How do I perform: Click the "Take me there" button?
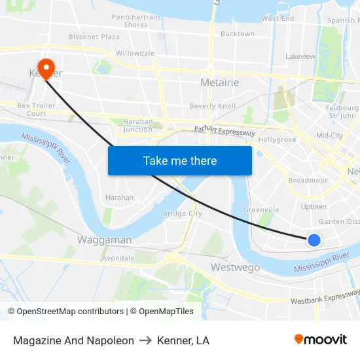point(180,160)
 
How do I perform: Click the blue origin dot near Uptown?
point(314,240)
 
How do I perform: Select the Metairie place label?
point(219,82)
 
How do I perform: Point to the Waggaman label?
point(104,240)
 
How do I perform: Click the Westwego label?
point(235,267)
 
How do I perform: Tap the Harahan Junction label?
point(137,125)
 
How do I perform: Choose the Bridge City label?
point(182,213)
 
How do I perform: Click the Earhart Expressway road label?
point(225,132)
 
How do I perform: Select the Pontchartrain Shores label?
point(135,21)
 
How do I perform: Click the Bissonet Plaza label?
point(94,37)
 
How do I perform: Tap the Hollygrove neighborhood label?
point(278,139)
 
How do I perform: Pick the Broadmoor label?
point(308,180)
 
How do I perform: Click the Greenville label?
point(261,209)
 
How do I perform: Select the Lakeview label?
point(300,56)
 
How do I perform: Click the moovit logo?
point(320,340)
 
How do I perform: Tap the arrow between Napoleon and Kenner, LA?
point(145,340)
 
